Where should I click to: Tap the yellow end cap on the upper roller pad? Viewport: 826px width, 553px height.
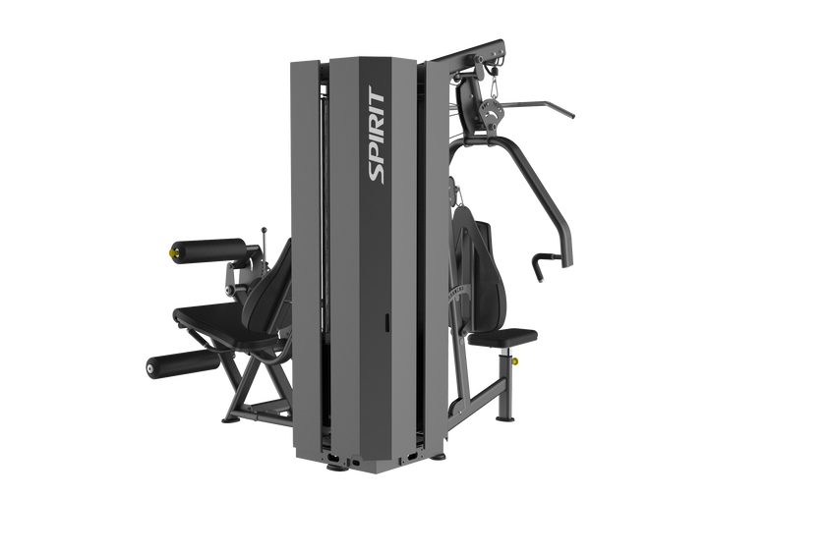(172, 253)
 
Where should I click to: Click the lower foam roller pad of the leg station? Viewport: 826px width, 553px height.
(182, 364)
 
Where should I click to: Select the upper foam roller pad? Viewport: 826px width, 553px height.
(207, 249)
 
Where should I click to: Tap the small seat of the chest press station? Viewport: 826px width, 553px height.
(502, 337)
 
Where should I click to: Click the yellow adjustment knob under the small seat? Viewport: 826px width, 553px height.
(514, 360)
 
